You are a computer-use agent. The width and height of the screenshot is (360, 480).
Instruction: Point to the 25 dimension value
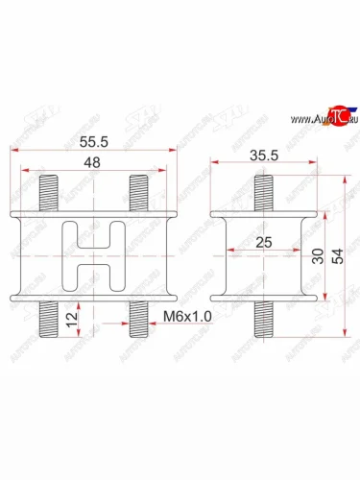coord(263,245)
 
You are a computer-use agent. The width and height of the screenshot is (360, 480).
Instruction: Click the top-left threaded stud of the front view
coord(50,189)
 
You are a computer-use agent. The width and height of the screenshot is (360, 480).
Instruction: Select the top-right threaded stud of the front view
coord(136,189)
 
